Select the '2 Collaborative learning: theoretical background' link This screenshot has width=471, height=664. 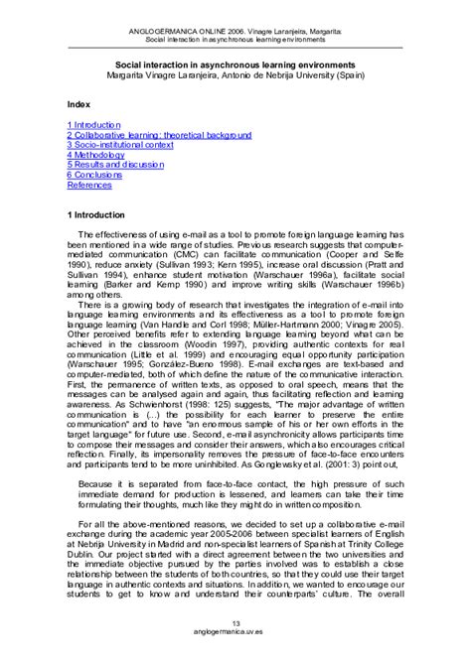point(159,135)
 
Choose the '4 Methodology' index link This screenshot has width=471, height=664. point(95,155)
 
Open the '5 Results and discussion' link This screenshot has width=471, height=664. point(114,165)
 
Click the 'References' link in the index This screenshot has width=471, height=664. point(88,185)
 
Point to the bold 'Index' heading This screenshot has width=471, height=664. point(78,103)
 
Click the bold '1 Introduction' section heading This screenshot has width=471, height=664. point(96,213)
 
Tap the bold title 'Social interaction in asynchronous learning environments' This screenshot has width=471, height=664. point(235,62)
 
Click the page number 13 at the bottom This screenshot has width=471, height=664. point(235,623)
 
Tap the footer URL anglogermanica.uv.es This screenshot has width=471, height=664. point(235,634)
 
